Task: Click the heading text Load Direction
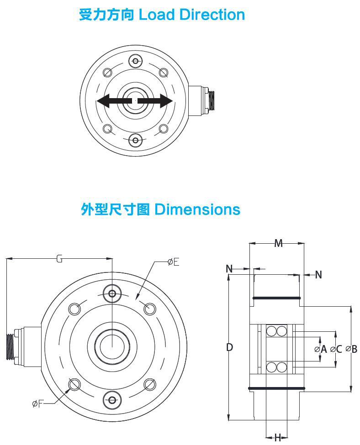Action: click(191, 15)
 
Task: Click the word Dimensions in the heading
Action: click(197, 209)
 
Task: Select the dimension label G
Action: click(59, 259)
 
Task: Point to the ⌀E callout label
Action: click(173, 262)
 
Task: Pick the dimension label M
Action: click(278, 244)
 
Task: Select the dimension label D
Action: click(230, 347)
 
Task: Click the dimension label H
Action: click(277, 438)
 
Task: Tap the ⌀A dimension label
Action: click(321, 350)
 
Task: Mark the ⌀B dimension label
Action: click(351, 350)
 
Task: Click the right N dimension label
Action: click(318, 274)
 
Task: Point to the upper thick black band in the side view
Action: click(277, 298)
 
